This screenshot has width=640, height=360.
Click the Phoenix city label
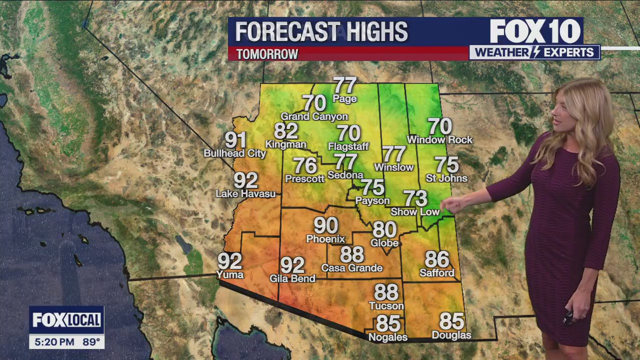tap(325, 239)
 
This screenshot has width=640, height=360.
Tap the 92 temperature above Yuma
tap(229, 260)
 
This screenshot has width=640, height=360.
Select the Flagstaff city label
tap(348, 146)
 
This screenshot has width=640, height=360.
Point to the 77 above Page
tap(345, 85)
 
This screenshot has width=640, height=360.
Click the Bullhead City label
tap(234, 153)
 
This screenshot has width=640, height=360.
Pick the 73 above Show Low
tap(415, 198)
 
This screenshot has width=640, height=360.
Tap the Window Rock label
tap(439, 140)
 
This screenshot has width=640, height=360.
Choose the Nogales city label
tap(387, 337)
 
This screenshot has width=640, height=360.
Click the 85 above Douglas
tap(451, 321)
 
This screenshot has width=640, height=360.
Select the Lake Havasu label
tap(245, 193)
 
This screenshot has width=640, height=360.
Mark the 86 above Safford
tap(437, 259)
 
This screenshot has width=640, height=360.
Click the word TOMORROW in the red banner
tap(267, 54)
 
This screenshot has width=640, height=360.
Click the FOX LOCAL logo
tap(66, 320)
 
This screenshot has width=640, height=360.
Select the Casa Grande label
tap(351, 268)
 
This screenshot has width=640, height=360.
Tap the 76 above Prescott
tap(305, 165)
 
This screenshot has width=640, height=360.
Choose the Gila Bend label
tap(292, 278)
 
